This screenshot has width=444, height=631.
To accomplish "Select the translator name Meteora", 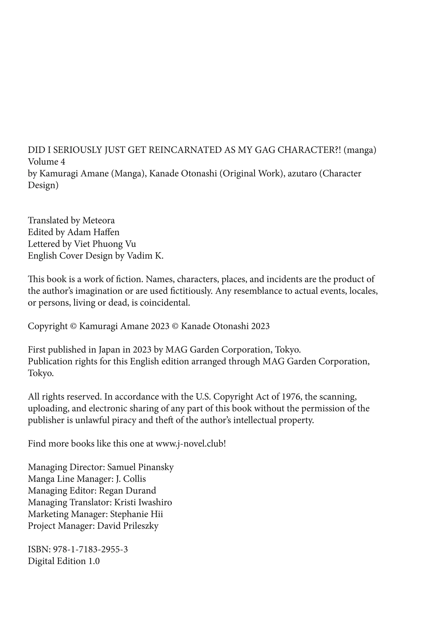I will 98,220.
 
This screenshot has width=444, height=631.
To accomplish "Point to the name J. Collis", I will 131,479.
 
